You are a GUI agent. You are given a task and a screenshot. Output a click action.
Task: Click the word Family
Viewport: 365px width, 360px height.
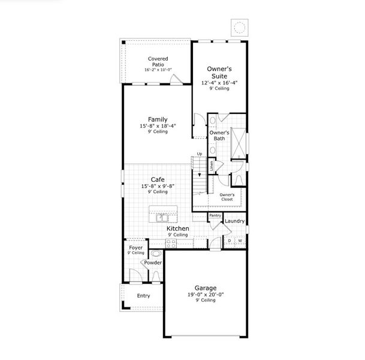(158, 119)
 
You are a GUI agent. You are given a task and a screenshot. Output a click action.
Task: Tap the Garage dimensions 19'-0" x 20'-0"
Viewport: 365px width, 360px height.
(205, 294)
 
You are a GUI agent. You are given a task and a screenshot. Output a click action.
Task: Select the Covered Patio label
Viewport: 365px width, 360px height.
(158, 61)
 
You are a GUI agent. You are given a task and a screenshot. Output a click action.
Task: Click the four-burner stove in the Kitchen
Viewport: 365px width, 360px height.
(170, 243)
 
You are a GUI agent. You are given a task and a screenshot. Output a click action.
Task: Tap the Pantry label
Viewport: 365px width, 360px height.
(215, 215)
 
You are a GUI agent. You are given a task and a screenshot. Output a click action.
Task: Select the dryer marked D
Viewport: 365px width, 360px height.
(229, 241)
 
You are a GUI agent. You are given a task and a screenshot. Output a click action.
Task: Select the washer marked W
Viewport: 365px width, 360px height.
(240, 241)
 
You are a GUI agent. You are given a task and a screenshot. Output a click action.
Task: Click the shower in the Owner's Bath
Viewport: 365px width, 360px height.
(238, 142)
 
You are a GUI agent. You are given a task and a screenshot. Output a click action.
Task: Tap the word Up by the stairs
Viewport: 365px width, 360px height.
(200, 154)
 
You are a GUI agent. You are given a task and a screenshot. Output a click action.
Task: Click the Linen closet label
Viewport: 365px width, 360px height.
(211, 164)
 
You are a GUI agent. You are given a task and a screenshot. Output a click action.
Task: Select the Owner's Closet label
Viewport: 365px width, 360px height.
(226, 196)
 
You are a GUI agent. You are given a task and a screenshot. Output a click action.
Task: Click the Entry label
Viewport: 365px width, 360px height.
(143, 296)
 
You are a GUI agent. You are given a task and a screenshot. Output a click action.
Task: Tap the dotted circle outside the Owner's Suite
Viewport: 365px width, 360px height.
(239, 27)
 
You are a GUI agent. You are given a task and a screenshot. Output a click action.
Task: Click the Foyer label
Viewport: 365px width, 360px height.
(135, 247)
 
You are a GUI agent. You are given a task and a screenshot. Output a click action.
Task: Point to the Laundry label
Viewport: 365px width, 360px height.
(234, 221)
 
